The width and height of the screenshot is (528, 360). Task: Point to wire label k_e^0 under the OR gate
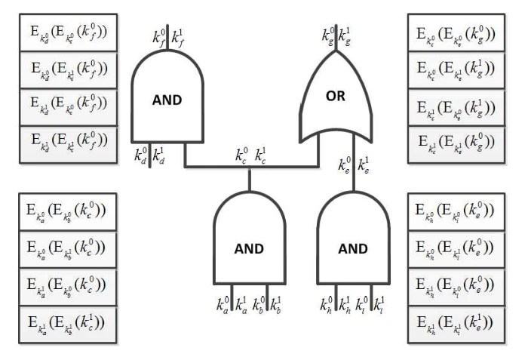click(344, 162)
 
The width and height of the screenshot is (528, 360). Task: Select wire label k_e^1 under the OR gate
click(364, 162)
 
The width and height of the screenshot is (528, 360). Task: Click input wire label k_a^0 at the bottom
click(223, 308)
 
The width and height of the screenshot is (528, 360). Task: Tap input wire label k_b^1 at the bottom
click(276, 308)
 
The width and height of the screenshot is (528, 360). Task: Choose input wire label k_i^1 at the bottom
click(378, 308)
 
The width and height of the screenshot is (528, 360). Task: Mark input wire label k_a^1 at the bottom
click(241, 308)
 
